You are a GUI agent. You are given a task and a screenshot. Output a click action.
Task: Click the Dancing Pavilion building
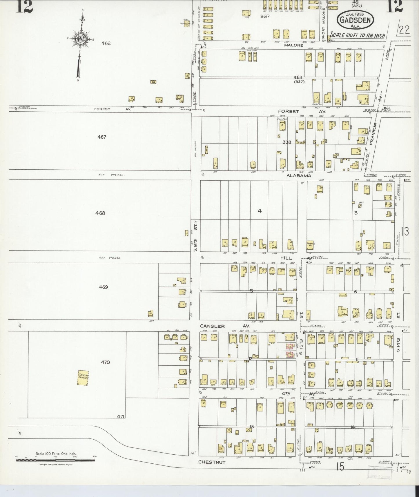tap(83, 378)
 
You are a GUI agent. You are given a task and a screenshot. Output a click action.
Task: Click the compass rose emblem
tap(80, 39)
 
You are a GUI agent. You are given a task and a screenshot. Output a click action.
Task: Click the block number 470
tap(105, 362)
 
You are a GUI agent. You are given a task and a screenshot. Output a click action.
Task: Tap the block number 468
tap(100, 213)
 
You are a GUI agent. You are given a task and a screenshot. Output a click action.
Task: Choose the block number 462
tap(106, 43)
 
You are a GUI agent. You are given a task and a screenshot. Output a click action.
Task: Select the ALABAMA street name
tap(299, 176)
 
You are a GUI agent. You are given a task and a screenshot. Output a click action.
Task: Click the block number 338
tap(286, 142)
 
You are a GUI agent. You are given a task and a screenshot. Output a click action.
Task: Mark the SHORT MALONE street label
tap(324, 22)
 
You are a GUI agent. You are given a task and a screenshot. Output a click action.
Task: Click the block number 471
tap(121, 417)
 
